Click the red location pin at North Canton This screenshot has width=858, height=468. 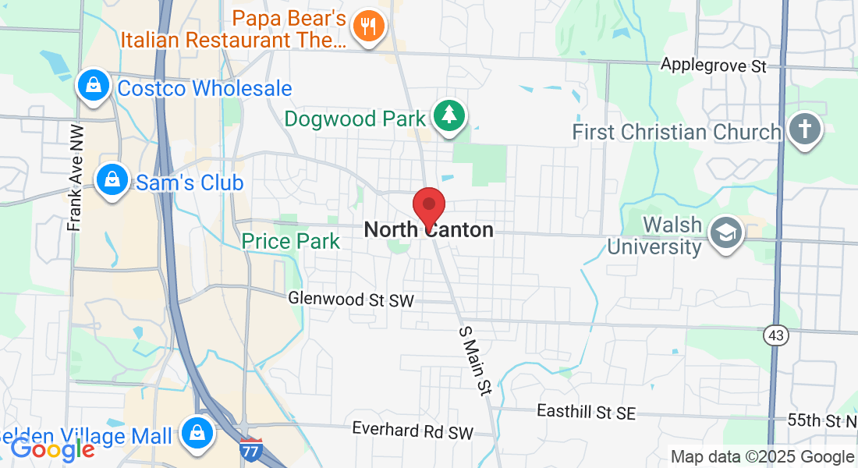click(428, 207)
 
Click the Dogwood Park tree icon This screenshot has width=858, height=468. click(448, 115)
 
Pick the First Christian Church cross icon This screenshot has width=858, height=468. click(804, 129)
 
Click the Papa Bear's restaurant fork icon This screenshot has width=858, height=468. click(365, 26)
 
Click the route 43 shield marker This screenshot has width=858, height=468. click(776, 335)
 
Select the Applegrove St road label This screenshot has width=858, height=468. click(714, 65)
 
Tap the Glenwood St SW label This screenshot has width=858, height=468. click(350, 299)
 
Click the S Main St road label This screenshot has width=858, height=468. click(474, 360)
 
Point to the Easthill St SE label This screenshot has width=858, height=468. click(587, 412)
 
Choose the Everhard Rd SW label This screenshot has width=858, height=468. click(413, 431)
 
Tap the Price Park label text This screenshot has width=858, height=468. click(291, 241)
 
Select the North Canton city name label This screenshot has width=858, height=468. click(428, 230)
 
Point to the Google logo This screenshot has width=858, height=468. click(52, 449)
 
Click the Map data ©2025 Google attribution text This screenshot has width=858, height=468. click(762, 457)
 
